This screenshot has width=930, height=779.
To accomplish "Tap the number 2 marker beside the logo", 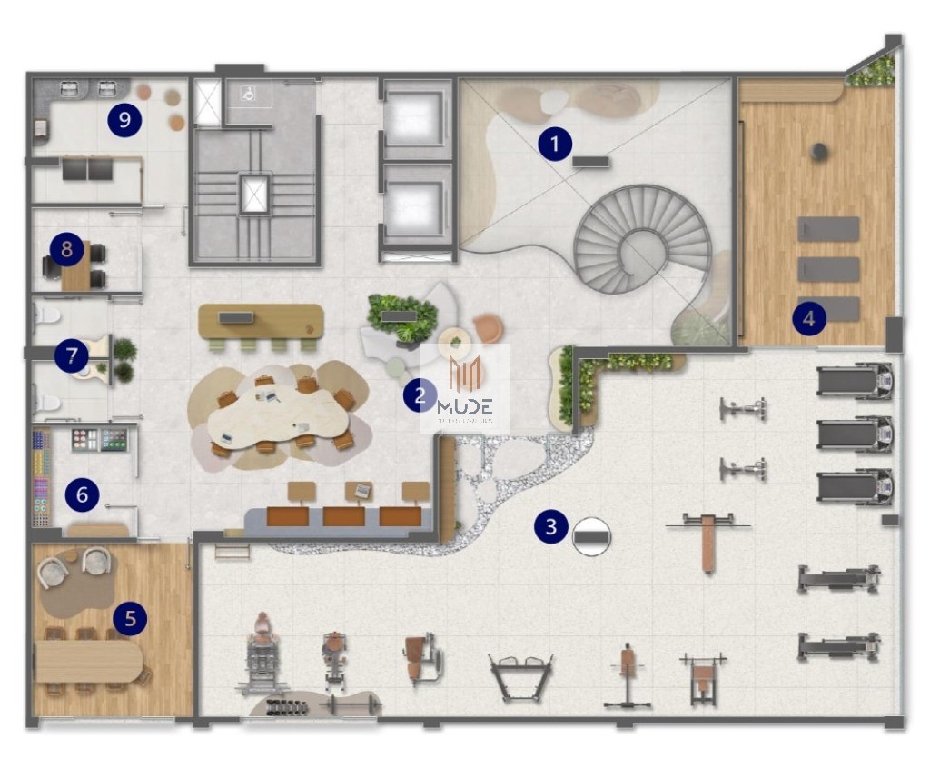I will (419, 395).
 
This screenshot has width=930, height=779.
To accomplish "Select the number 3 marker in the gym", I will (551, 526).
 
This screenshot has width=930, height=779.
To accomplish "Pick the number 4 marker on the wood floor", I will (809, 318).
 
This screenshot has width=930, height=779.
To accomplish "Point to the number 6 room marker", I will (82, 494).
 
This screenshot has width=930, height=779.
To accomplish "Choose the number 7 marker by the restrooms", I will (71, 355).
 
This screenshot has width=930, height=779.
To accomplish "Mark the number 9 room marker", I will (124, 119).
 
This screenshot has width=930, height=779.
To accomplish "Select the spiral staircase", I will (644, 238).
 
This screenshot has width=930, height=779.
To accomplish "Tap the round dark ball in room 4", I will (820, 152).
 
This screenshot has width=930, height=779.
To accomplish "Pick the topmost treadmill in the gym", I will (854, 382).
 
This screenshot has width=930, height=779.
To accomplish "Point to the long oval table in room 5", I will (88, 662).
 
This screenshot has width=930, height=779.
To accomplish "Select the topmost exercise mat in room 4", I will (828, 229).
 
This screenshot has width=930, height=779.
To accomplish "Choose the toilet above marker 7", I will (46, 315).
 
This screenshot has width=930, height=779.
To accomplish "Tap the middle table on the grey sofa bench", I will (343, 516).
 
